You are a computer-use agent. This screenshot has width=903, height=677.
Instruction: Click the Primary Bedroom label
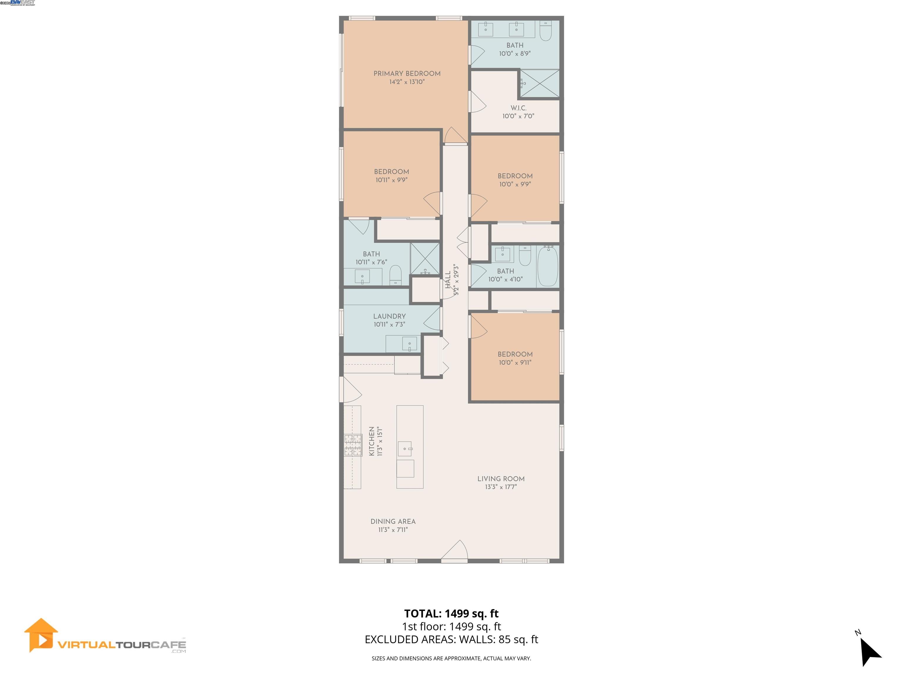407,73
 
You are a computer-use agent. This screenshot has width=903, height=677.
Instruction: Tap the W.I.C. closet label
519,108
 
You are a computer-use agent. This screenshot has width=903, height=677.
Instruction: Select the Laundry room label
389,316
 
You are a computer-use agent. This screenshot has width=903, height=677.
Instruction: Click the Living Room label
501,479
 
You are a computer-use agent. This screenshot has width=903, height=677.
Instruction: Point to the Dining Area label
393,522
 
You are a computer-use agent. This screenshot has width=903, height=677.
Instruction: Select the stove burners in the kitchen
353,445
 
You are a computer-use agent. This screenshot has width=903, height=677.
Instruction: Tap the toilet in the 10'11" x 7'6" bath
396,275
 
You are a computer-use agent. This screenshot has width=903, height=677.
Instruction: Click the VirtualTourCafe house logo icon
40,635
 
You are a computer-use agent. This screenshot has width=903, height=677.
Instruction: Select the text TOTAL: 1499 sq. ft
451,614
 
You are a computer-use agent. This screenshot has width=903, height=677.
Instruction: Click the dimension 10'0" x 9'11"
515,362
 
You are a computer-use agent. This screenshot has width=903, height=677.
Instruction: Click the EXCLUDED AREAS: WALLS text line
451,639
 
